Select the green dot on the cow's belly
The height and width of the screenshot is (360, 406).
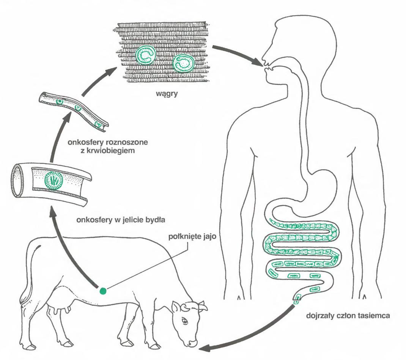coord(102,291)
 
